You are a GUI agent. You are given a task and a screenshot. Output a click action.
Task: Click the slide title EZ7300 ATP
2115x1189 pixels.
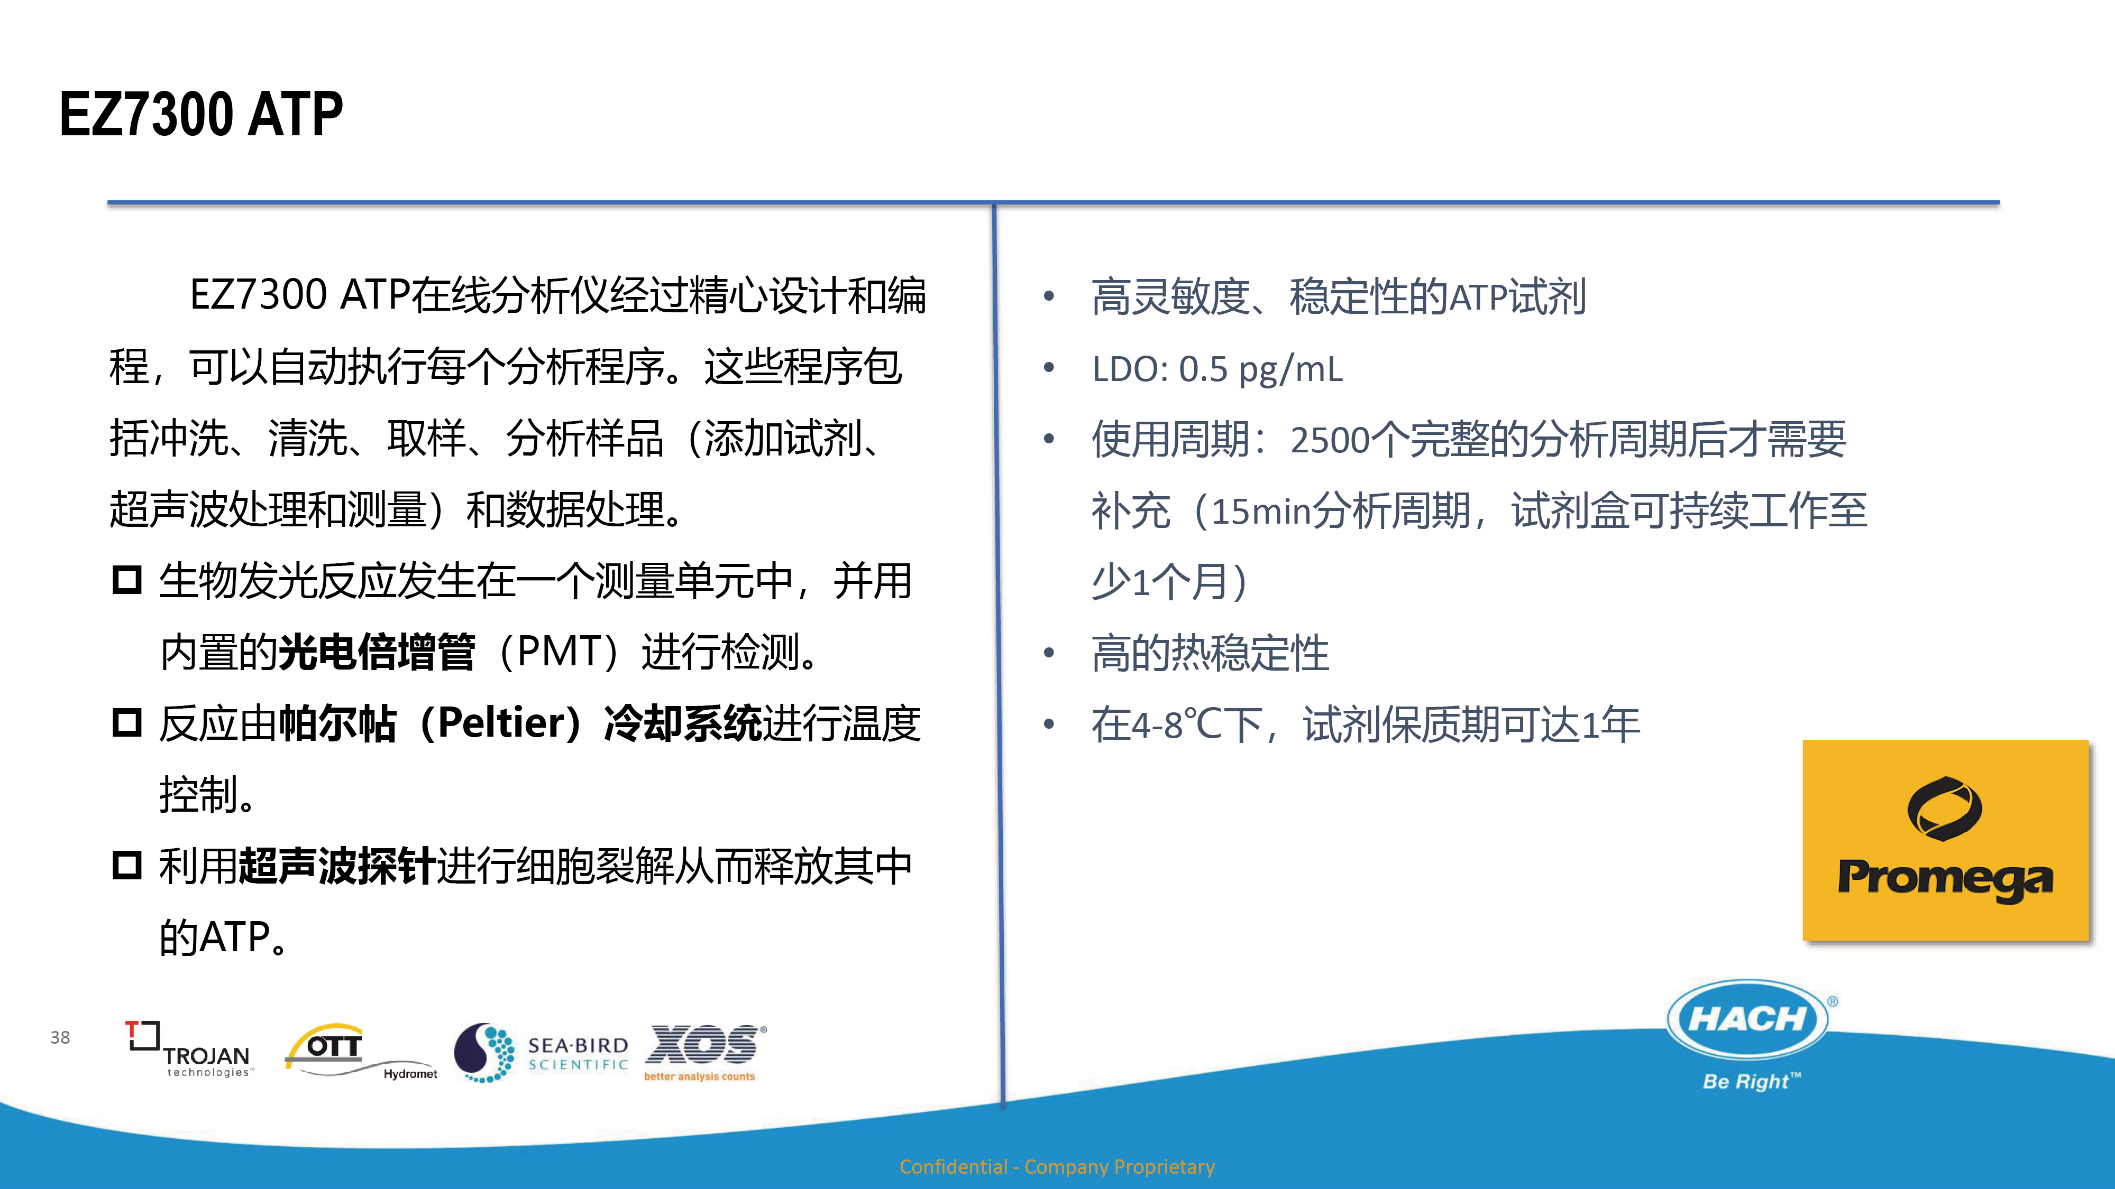tap(201, 114)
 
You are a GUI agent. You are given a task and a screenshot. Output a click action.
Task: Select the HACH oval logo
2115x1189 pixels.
tap(1747, 1019)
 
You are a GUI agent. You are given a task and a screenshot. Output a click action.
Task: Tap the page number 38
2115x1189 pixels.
tap(60, 1037)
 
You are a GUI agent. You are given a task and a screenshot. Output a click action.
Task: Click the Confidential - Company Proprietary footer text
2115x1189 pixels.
tap(1057, 1166)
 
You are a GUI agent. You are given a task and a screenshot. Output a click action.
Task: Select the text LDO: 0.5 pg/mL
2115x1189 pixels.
tap(1217, 369)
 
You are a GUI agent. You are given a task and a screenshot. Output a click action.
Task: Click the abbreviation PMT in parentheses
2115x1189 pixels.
tap(559, 652)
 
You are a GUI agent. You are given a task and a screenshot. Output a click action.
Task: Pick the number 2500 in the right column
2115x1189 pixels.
tap(1330, 441)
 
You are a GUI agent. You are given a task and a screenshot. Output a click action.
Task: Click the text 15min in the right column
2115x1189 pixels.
tap(1261, 511)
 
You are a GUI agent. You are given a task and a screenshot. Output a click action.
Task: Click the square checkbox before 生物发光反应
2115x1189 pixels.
tap(127, 580)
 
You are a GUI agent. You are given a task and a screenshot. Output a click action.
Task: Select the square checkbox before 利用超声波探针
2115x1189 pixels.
tap(127, 865)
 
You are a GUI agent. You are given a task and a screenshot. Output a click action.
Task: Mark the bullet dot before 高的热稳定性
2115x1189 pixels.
tap(1048, 653)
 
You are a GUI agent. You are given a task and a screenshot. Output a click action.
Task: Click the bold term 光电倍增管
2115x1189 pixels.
tap(377, 652)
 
